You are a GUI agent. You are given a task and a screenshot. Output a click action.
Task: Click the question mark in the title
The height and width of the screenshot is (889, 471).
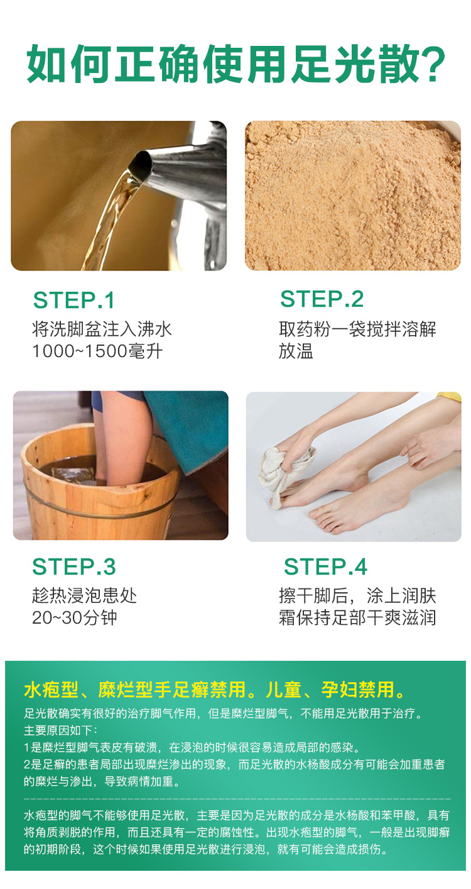click(431, 64)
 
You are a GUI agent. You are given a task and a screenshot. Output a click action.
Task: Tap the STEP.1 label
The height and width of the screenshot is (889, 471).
click(73, 300)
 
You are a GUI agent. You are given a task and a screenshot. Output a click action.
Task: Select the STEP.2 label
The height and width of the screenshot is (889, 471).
click(322, 299)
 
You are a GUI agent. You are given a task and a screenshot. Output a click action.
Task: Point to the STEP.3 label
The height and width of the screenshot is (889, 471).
click(73, 566)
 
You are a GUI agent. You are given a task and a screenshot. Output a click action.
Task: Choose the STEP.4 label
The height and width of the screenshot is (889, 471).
click(325, 566)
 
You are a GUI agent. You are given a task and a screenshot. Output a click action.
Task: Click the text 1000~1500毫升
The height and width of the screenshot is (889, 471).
click(97, 351)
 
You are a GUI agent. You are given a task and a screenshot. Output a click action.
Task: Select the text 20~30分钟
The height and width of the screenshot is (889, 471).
click(75, 617)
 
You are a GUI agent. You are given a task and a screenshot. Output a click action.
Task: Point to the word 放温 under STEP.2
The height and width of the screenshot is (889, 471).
click(296, 351)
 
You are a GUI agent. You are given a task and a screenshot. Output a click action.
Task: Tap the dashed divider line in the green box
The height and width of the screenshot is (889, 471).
click(237, 798)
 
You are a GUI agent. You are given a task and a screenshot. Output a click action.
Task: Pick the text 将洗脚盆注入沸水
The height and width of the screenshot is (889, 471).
click(102, 329)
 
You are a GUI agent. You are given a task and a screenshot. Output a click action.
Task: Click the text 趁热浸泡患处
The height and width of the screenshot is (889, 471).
click(84, 595)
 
